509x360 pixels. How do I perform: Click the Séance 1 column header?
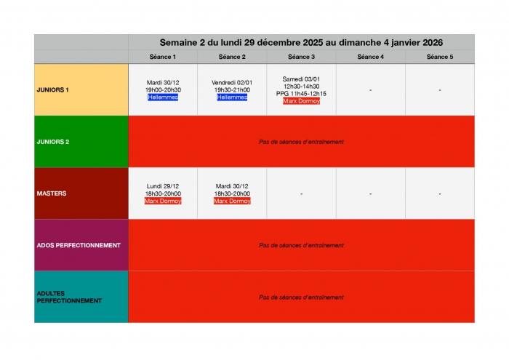click(163, 57)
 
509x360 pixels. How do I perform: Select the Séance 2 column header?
click(232, 57)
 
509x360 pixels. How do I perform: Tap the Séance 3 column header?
click(301, 57)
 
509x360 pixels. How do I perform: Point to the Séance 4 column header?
click(370, 57)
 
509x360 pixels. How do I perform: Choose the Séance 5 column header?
click(440, 57)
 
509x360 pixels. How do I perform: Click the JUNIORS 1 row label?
click(52, 90)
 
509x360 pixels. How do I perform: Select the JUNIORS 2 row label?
click(52, 142)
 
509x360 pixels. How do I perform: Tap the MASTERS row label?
click(51, 193)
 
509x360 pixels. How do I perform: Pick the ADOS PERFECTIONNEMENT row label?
click(79, 245)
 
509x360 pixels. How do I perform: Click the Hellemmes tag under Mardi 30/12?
click(163, 97)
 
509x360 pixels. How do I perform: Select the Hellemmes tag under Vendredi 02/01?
click(232, 97)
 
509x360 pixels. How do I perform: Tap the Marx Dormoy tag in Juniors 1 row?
click(301, 101)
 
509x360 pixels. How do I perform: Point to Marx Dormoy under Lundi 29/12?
click(163, 201)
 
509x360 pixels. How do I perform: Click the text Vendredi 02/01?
click(232, 83)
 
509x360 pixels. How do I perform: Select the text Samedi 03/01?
click(301, 79)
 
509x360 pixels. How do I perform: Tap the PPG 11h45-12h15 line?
click(301, 94)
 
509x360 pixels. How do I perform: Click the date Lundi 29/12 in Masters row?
click(163, 186)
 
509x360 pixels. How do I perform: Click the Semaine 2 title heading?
click(301, 42)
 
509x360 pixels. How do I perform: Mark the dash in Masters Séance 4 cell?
click(370, 194)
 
